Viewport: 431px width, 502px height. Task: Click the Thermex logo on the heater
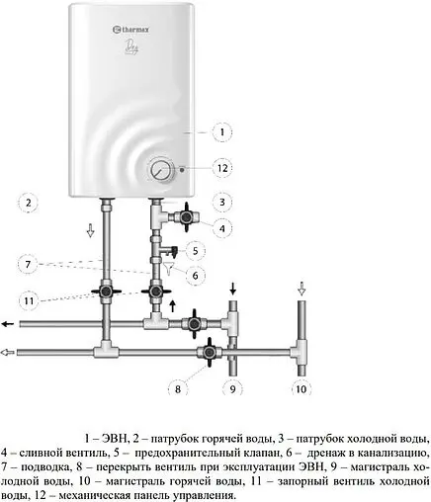(131, 30)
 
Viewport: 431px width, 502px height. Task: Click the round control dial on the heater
(161, 170)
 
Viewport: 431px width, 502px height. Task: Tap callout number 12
(222, 168)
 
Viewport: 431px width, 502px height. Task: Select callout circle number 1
(222, 132)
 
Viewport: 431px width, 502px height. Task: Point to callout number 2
(29, 203)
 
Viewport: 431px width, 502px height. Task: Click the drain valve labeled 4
(187, 217)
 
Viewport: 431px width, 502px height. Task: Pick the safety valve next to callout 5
(170, 252)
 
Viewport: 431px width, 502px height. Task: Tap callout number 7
(28, 264)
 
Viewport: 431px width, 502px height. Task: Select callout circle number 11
(29, 300)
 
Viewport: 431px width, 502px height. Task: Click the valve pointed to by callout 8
(209, 353)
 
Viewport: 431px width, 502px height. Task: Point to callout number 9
(233, 389)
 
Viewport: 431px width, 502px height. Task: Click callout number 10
(302, 389)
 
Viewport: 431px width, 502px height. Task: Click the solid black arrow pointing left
(8, 324)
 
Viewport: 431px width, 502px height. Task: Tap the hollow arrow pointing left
(7, 353)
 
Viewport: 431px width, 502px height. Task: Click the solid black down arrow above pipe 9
(233, 289)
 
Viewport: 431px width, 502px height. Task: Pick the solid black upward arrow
(173, 305)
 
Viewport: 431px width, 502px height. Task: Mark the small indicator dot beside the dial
(182, 170)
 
